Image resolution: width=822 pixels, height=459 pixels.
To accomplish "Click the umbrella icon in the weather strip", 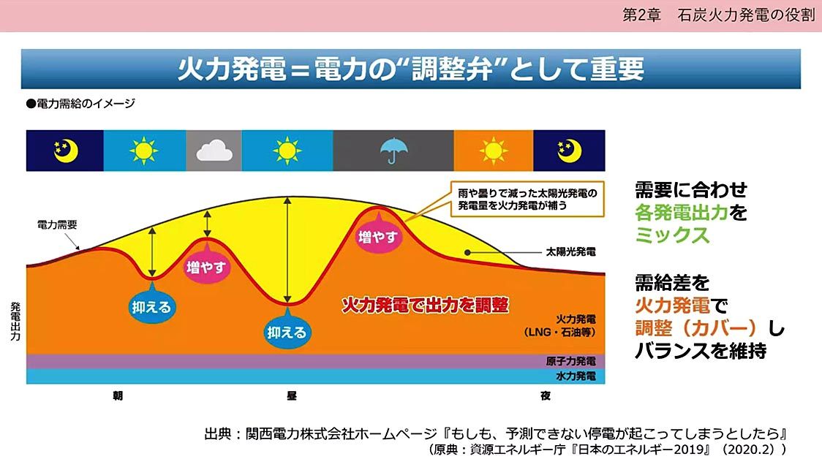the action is coord(393,151).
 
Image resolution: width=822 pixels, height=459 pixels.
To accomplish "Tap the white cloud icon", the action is coord(214,152).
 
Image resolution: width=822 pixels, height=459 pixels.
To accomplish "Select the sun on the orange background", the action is coord(494,151).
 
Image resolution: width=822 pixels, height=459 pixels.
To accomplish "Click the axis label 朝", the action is coord(118,395).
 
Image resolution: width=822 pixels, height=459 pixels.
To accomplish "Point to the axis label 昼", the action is coord(292,395).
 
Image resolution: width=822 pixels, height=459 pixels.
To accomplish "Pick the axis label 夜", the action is coord(546,395).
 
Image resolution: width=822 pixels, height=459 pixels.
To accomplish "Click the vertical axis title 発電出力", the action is coord(15,322).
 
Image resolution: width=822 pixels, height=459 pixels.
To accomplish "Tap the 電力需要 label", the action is coord(57,225).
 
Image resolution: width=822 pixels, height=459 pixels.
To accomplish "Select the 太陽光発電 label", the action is coord(571,251).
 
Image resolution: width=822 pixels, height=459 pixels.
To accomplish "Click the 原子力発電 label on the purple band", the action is coord(571,361).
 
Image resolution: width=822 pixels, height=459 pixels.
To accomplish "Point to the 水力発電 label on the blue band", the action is coord(576,376).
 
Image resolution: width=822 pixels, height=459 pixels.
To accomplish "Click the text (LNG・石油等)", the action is coord(559,333).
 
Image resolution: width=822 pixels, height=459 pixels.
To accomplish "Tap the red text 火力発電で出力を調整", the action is coord(425,305).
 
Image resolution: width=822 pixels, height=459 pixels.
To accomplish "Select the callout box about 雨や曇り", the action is coord(527,199).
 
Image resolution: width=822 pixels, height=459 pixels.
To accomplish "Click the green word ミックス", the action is coord(672,235).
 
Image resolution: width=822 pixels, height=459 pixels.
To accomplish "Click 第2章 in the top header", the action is coord(641,15).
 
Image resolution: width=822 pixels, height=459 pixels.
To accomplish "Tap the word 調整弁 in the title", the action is coord(452,69).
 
